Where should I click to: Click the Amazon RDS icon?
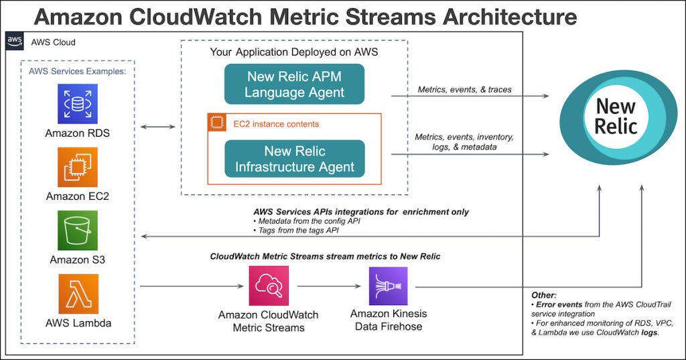tap(78, 104)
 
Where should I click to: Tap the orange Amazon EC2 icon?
tap(78, 167)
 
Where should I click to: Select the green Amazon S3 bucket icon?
tap(78, 231)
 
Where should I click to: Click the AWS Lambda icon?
tap(78, 294)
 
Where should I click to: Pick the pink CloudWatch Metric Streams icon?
tap(269, 286)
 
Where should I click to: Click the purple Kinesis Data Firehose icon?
tap(388, 286)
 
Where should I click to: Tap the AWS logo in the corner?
tap(15, 41)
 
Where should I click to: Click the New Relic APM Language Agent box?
tap(295, 84)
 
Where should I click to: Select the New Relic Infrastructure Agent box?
tap(295, 158)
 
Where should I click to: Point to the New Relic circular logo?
tap(618, 117)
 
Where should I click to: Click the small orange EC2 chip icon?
tap(217, 123)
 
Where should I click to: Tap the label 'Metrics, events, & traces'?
tap(465, 89)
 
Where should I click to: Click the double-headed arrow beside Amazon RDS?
tap(157, 127)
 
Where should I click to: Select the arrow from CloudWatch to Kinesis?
tap(329, 286)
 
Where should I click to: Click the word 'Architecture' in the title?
tap(509, 17)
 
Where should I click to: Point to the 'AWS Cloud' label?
tap(53, 42)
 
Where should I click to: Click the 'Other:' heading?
tap(544, 295)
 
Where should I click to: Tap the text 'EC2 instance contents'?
tap(276, 124)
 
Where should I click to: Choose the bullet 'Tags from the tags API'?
tap(296, 231)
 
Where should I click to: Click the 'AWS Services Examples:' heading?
tap(78, 71)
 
